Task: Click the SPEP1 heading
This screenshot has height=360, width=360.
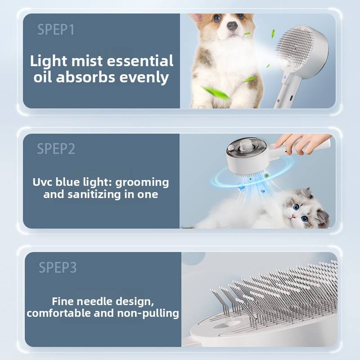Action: click(x=56, y=30)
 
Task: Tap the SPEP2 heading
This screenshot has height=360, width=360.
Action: click(x=56, y=149)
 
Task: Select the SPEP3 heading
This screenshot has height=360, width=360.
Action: click(x=58, y=267)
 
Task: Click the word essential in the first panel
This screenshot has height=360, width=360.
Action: click(x=140, y=61)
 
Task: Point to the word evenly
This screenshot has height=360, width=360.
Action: click(x=144, y=77)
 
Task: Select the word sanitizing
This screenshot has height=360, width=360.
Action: click(x=94, y=195)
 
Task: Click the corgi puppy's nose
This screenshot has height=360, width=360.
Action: click(x=232, y=25)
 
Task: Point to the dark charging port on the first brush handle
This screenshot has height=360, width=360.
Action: click(x=291, y=98)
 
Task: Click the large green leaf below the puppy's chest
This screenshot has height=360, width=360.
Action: click(x=215, y=92)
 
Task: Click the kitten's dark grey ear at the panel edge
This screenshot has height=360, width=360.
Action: click(x=323, y=219)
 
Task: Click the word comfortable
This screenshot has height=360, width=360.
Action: click(x=58, y=313)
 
